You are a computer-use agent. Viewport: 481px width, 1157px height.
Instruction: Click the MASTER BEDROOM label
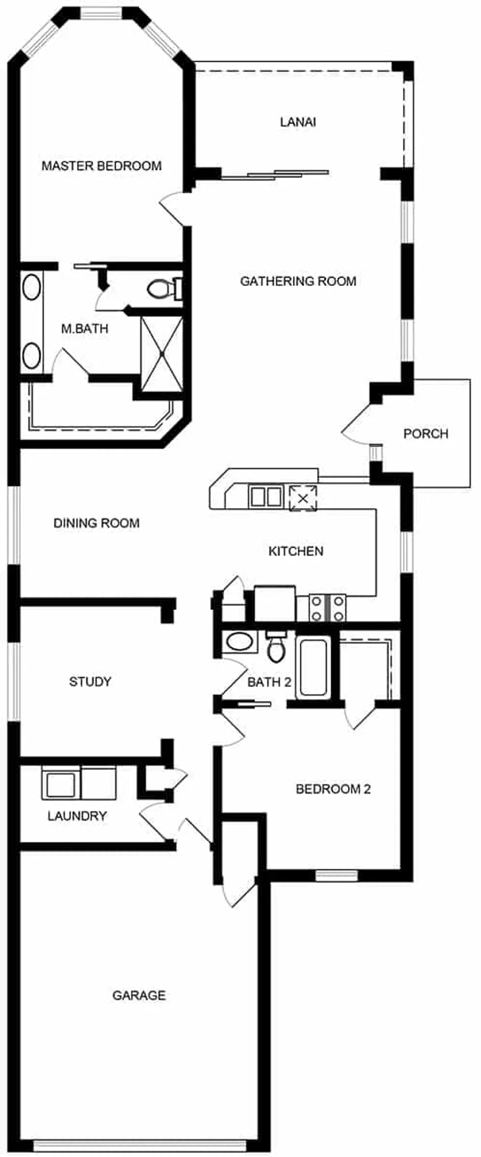click(102, 166)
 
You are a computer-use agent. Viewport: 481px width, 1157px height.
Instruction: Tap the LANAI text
click(298, 122)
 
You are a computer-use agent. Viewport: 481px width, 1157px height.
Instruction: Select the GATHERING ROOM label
click(298, 281)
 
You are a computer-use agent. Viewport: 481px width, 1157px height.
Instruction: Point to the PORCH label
click(426, 434)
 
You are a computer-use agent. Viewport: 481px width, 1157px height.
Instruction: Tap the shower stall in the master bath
click(162, 354)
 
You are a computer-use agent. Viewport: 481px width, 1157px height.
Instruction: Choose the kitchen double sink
click(265, 496)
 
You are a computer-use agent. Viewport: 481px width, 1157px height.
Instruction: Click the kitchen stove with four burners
click(327, 608)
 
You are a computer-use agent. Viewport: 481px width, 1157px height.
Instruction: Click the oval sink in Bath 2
click(239, 642)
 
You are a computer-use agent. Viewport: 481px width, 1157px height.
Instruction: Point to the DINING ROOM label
click(97, 523)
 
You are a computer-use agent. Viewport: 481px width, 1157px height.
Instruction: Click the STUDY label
click(90, 681)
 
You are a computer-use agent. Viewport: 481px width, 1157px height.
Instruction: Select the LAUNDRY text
click(77, 816)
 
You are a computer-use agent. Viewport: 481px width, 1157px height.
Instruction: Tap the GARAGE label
click(139, 995)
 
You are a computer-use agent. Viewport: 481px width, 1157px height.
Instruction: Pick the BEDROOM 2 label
click(333, 789)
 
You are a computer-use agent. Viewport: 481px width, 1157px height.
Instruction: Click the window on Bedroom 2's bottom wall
click(336, 876)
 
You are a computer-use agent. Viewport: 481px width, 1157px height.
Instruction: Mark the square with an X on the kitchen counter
click(303, 498)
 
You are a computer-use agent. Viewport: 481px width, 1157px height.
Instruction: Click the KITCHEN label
click(296, 551)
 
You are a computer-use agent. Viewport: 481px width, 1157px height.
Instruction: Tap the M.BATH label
click(84, 328)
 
